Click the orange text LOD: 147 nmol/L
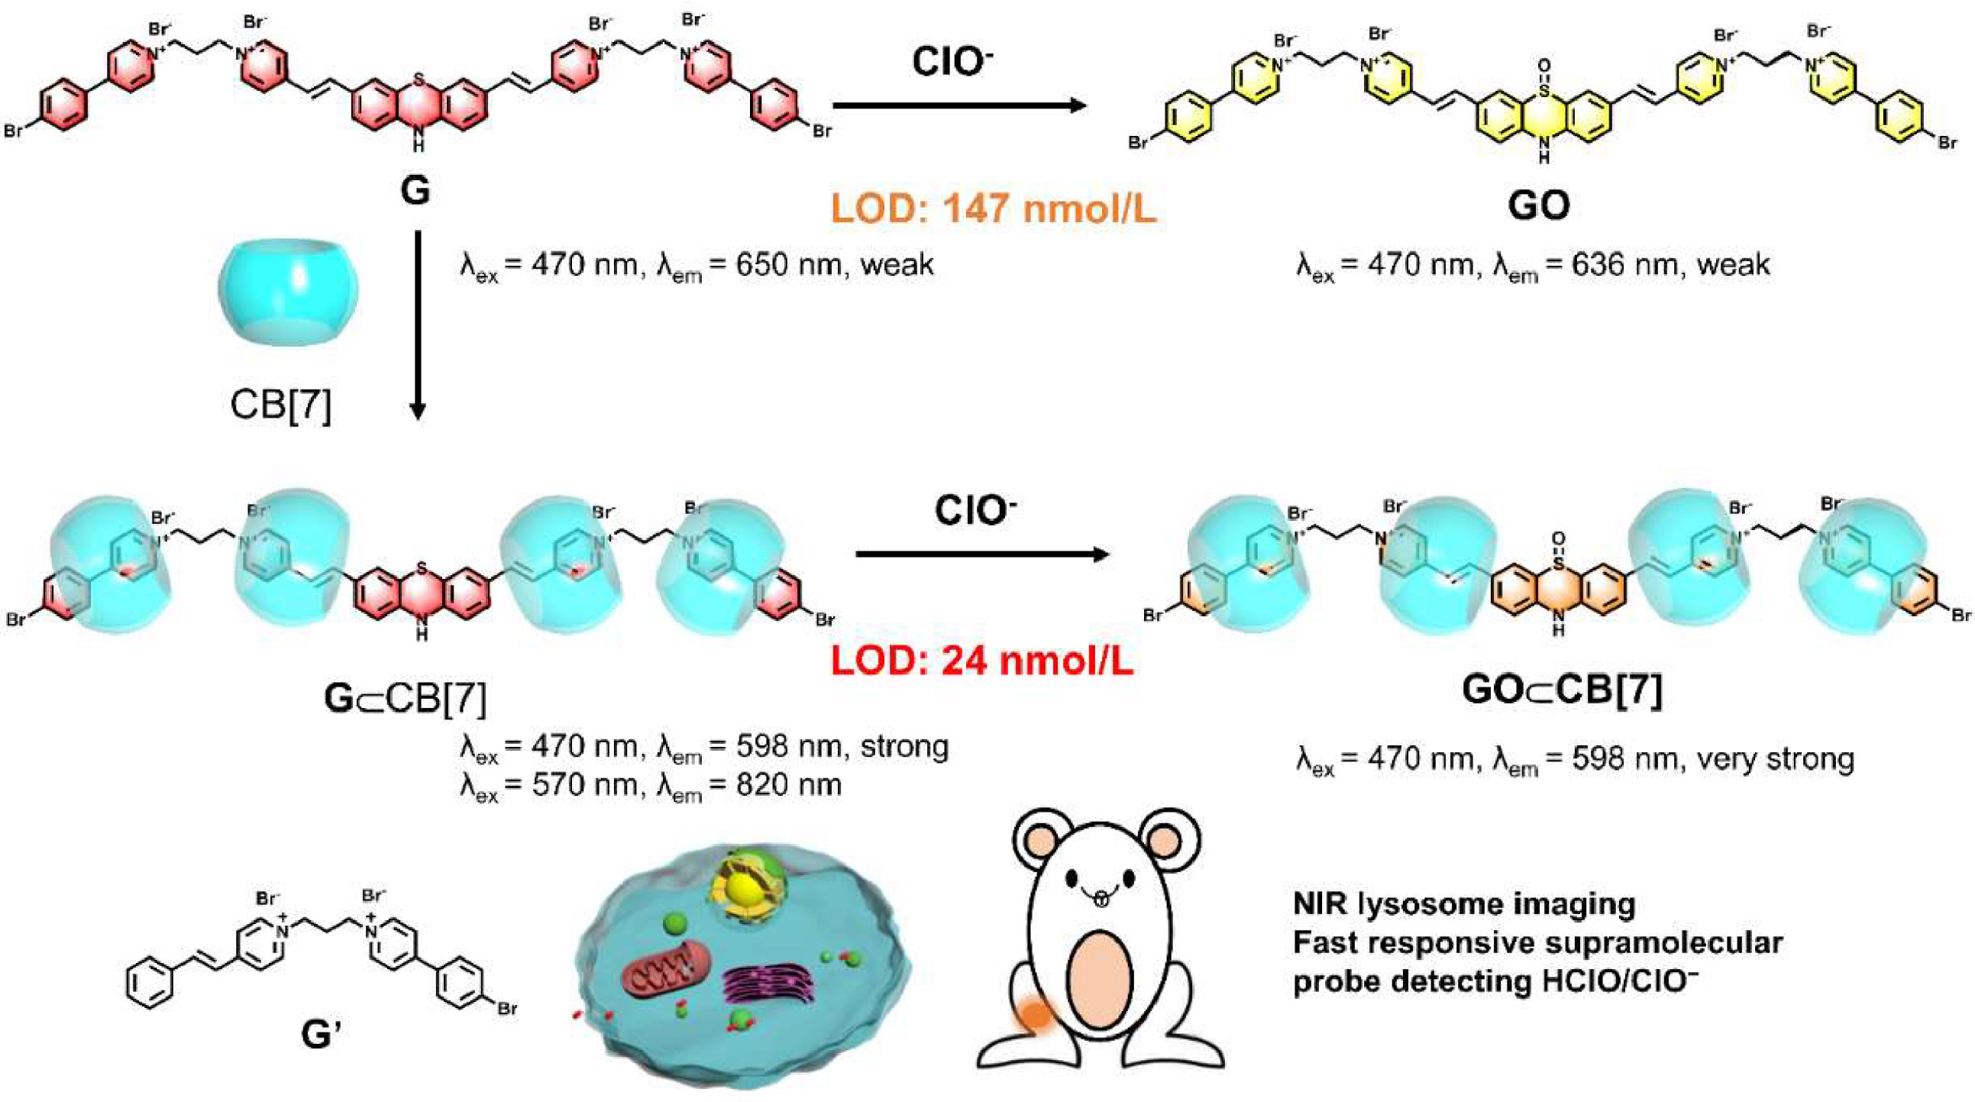coord(994,208)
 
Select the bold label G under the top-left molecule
coord(415,190)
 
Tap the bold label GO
coord(1538,205)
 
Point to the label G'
coord(322,1035)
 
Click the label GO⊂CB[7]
coord(1562,690)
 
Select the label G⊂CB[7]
coord(405,699)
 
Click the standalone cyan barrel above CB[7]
coord(288,292)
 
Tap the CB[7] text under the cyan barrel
coord(280,404)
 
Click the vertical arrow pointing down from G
coord(417,325)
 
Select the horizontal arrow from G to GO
coord(960,105)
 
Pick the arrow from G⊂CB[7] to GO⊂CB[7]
coord(982,554)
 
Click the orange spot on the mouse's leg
coord(1036,1014)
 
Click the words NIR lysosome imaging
coord(1464,904)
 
